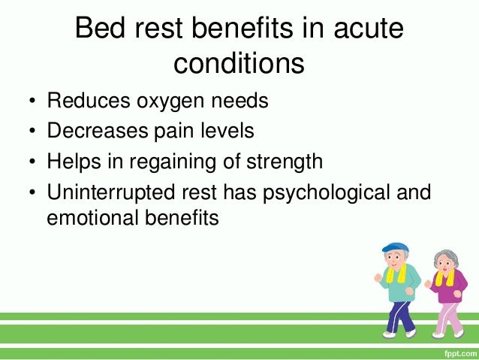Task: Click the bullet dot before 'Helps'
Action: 32,162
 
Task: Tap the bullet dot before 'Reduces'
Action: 32,101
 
